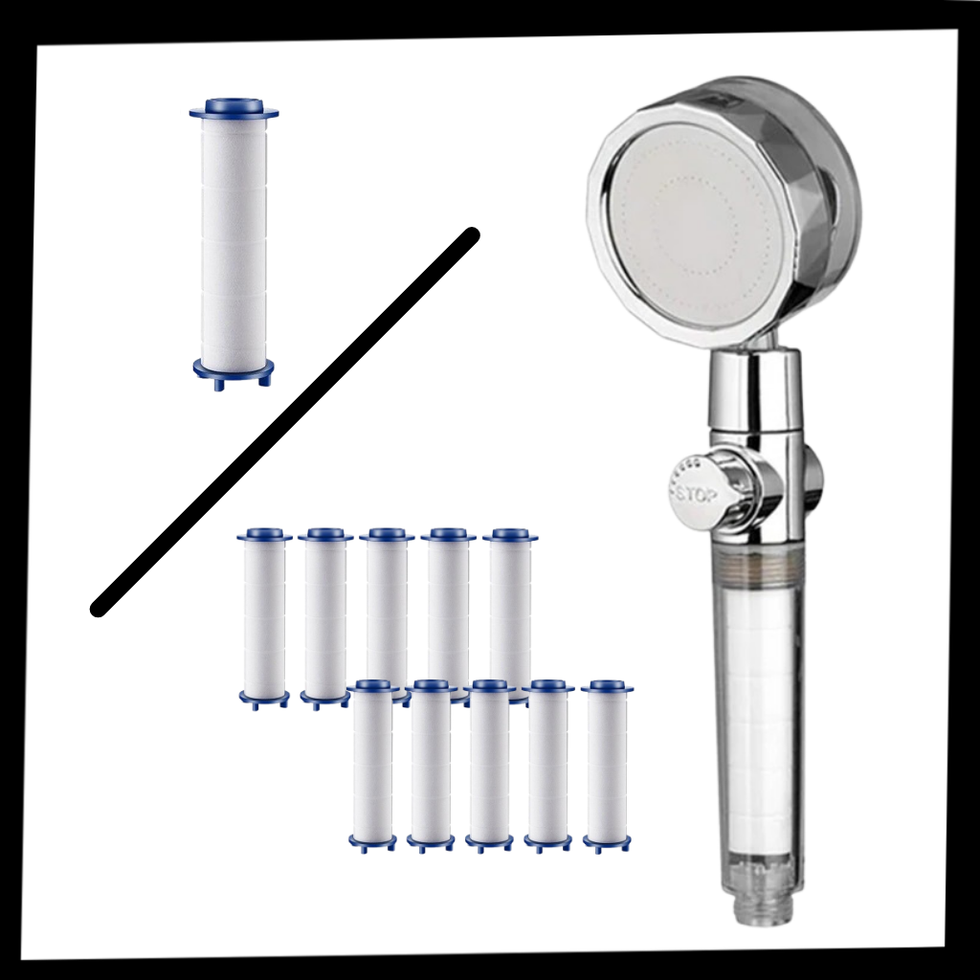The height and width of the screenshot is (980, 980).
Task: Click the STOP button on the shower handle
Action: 691,493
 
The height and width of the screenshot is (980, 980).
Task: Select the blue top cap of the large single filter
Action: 234,107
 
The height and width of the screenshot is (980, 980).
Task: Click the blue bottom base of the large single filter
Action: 234,369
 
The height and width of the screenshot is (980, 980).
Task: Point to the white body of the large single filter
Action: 234,239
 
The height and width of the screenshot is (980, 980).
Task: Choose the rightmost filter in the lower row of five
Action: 607,766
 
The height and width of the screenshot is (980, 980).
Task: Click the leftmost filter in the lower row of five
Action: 372,766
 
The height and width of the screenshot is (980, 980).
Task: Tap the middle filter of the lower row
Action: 489,766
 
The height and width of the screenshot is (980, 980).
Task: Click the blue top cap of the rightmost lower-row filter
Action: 607,686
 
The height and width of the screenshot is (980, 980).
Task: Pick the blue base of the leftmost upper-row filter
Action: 264,698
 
